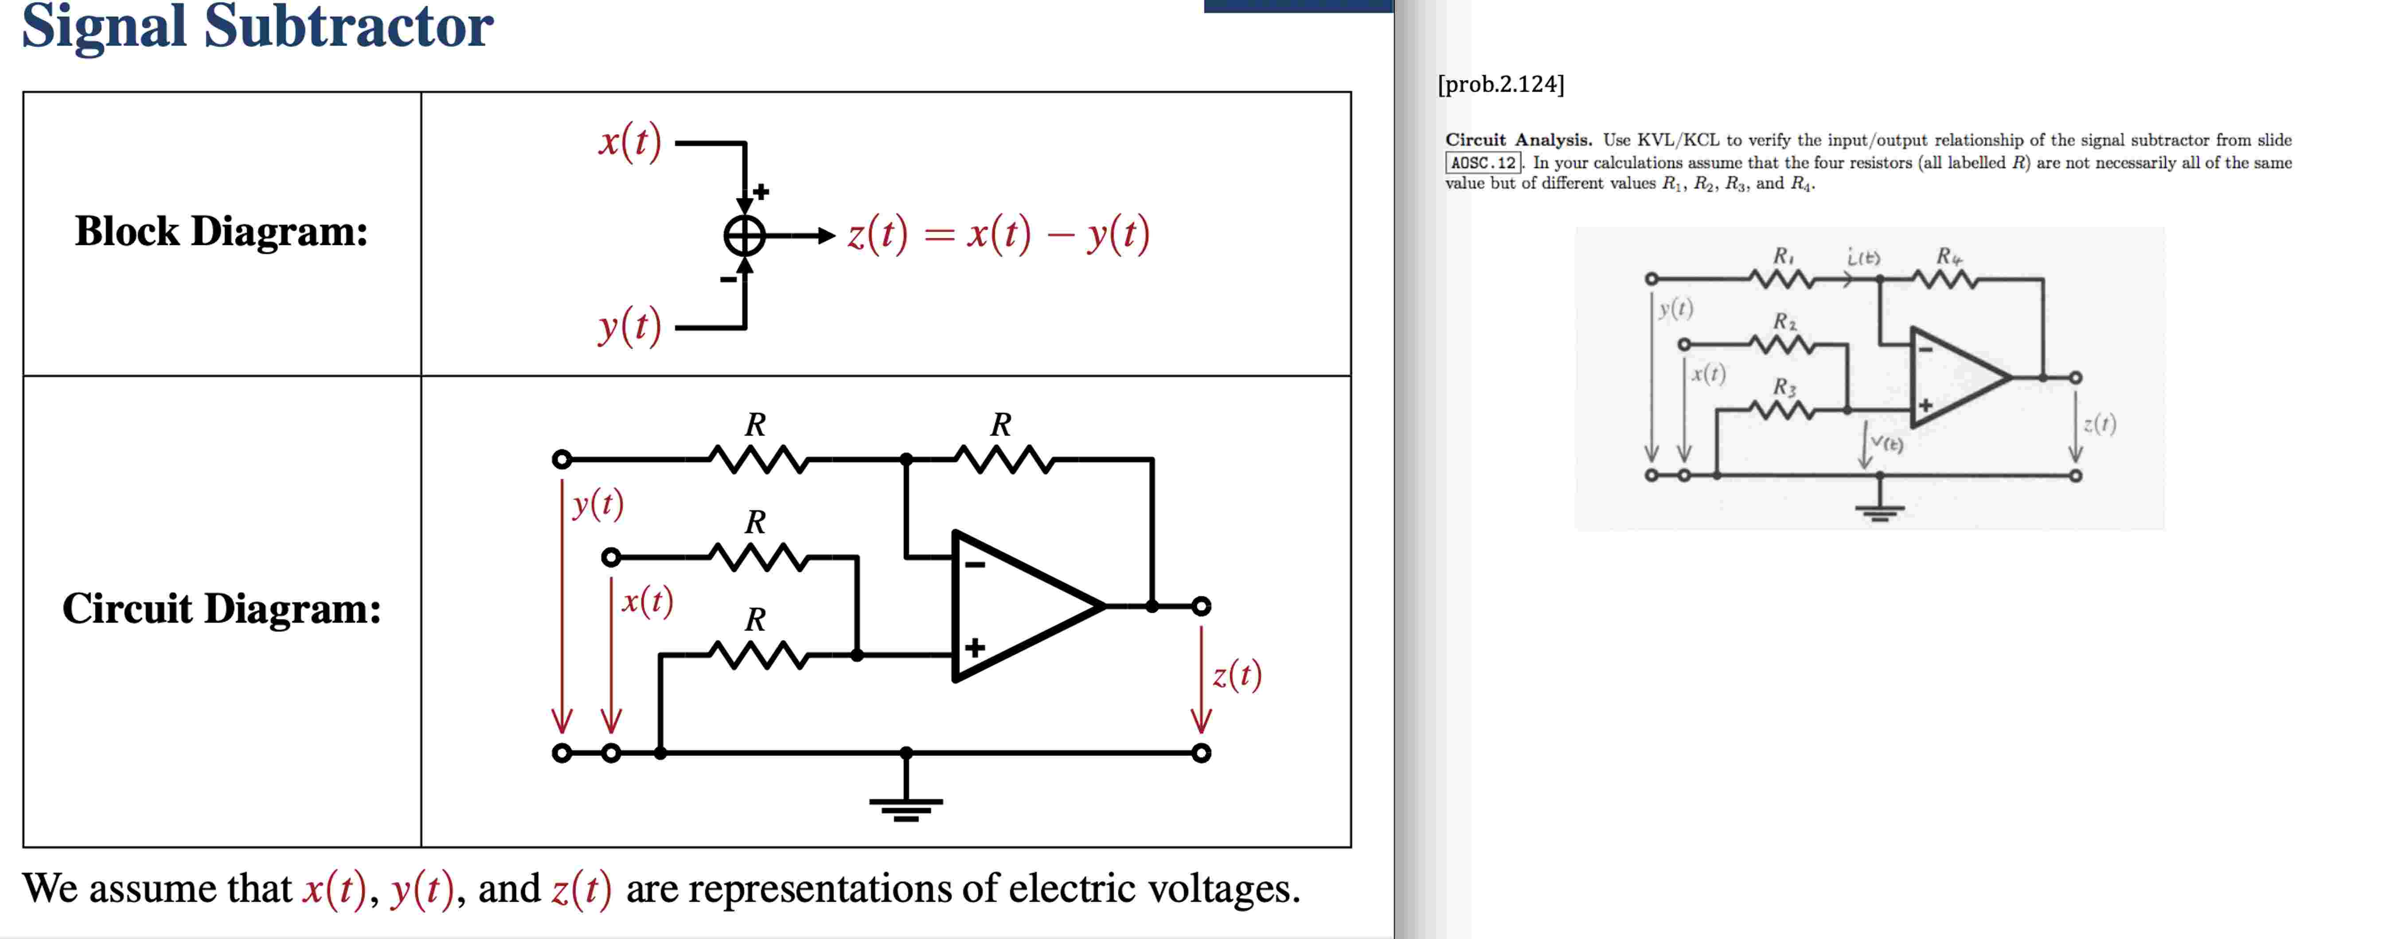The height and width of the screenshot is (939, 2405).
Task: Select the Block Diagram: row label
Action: coord(221,231)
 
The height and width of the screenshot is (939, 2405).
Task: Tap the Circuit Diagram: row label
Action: coord(221,608)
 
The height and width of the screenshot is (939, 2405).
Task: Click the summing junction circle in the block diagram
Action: coord(744,235)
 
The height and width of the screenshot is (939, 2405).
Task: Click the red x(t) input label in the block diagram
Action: coord(630,142)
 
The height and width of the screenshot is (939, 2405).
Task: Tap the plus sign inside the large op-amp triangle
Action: coord(975,648)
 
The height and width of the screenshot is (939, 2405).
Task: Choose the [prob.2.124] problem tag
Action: coord(1500,84)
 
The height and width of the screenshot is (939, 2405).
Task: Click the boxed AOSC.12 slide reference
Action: coord(1483,163)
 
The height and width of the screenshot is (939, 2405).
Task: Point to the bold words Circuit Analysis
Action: coord(1518,140)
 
